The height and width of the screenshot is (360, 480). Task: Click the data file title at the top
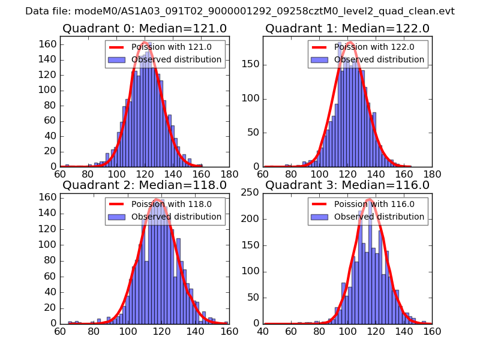pos(240,11)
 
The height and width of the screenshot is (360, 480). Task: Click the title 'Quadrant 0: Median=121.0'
pos(144,29)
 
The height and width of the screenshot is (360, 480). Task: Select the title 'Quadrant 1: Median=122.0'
pos(347,29)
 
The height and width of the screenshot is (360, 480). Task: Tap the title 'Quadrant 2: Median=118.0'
pos(144,185)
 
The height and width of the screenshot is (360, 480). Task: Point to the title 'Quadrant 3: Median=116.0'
pos(347,185)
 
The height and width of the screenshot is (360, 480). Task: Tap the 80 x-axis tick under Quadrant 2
pos(94,331)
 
